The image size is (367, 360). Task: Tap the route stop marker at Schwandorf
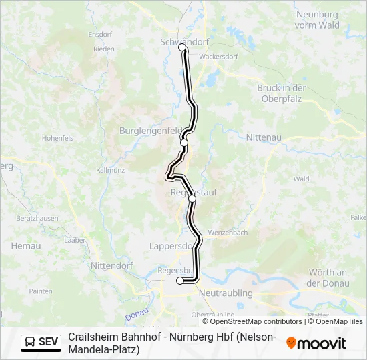182,48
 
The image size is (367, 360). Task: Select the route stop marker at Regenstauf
192,198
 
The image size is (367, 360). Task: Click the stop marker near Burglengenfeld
184,143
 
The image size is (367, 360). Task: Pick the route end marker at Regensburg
180,281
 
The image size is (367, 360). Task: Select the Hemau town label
25,245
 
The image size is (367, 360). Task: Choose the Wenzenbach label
228,233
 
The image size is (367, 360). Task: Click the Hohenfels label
57,138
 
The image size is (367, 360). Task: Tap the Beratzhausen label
38,219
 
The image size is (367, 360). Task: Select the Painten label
40,291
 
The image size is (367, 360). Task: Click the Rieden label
104,49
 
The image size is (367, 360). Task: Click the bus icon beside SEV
30,342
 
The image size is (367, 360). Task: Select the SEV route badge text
49,342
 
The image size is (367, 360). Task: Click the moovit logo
316,343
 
